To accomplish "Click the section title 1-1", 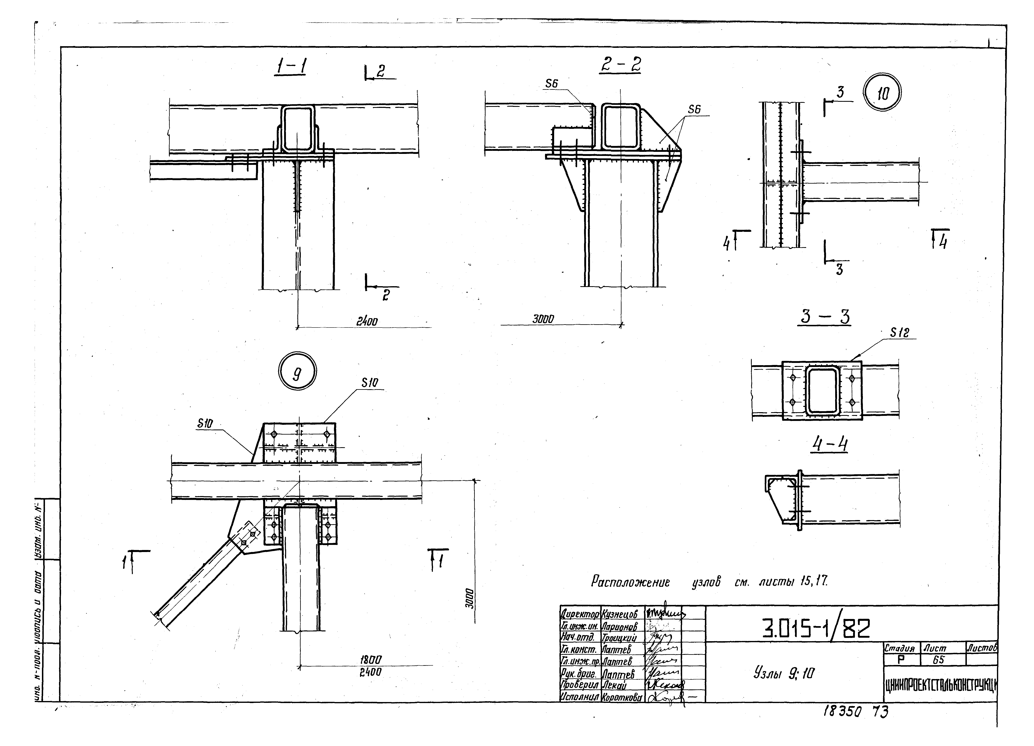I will (290, 68).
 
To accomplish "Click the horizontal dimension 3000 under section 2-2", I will (543, 319).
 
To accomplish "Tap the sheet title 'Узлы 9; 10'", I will (784, 673).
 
